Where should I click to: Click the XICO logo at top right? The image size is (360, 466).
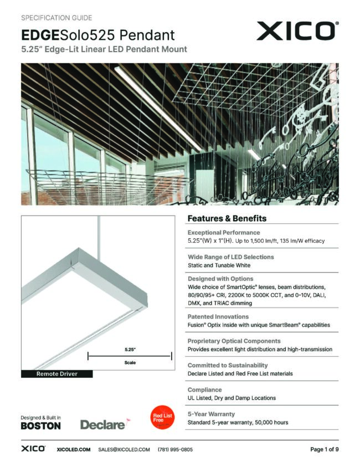(297, 30)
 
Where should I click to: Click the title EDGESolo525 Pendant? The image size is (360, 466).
(97, 35)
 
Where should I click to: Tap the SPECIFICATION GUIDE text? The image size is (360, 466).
(56, 18)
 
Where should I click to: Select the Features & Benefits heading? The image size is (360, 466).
(227, 218)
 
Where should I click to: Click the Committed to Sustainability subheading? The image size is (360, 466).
(228, 366)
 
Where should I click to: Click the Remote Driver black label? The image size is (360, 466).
(56, 374)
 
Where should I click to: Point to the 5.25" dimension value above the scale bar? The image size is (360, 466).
(130, 350)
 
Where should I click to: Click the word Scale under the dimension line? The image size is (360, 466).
(130, 363)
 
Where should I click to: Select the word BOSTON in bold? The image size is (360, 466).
(40, 426)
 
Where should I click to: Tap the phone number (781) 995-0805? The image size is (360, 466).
(175, 449)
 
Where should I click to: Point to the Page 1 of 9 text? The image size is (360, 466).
(324, 449)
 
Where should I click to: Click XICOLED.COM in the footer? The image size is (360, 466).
(74, 449)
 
